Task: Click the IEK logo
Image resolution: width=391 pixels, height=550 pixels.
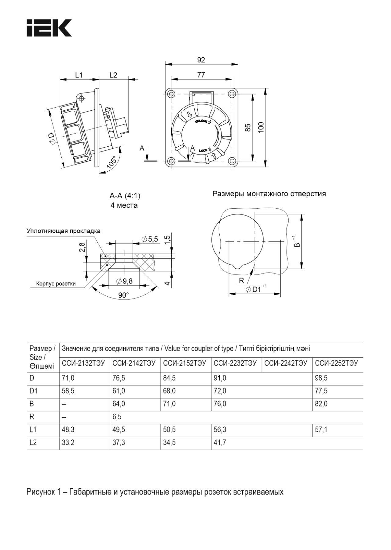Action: click(x=49, y=28)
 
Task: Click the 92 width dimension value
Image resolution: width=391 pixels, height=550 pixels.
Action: click(x=201, y=60)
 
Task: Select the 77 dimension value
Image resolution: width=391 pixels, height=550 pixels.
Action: click(x=201, y=75)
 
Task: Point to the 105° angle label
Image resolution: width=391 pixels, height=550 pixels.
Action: click(x=112, y=162)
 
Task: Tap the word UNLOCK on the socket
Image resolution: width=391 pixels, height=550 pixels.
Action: click(x=201, y=122)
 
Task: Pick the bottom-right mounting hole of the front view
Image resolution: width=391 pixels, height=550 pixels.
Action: click(x=232, y=161)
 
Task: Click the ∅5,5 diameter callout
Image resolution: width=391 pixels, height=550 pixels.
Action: click(x=150, y=239)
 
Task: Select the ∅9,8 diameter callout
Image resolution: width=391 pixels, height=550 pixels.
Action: click(x=124, y=281)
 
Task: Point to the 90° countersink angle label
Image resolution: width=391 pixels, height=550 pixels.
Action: click(x=123, y=295)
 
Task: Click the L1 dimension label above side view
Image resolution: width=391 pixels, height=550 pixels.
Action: click(x=79, y=75)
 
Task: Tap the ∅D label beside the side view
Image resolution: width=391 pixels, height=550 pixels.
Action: click(x=52, y=139)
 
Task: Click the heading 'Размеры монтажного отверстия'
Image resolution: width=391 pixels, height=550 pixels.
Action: click(x=269, y=194)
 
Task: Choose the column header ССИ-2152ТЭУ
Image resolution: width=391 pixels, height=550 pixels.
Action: click(x=185, y=363)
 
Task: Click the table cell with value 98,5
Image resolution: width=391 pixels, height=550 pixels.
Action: click(x=321, y=378)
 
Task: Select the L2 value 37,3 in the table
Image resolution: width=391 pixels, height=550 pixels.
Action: click(x=119, y=442)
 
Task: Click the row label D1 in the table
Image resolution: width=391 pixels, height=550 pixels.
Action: click(x=34, y=391)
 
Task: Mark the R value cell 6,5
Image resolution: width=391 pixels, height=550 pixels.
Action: click(x=117, y=417)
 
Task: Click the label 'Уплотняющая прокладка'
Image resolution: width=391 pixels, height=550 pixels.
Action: click(x=64, y=231)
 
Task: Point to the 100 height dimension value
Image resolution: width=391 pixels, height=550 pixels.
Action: click(x=261, y=127)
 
